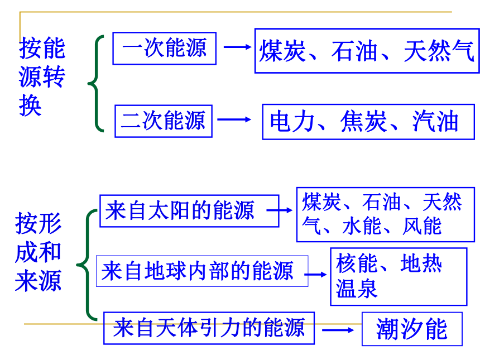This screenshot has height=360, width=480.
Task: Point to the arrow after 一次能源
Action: [x=238, y=47]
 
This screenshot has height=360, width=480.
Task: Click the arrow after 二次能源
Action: [x=234, y=119]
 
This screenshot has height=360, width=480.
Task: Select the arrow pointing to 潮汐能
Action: [x=338, y=330]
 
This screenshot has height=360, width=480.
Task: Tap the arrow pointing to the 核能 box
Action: [x=315, y=274]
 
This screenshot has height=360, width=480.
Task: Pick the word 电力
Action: [x=292, y=121]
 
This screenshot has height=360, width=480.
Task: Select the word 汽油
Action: [x=435, y=121]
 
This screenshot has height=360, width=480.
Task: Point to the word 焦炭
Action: [x=364, y=121]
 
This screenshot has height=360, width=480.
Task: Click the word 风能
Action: [x=422, y=226]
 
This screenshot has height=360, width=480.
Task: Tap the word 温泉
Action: [x=356, y=289]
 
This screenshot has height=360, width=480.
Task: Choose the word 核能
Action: [x=356, y=263]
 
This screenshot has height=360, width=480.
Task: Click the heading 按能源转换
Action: [x=42, y=76]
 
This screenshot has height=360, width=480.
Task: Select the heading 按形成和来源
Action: [x=39, y=252]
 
